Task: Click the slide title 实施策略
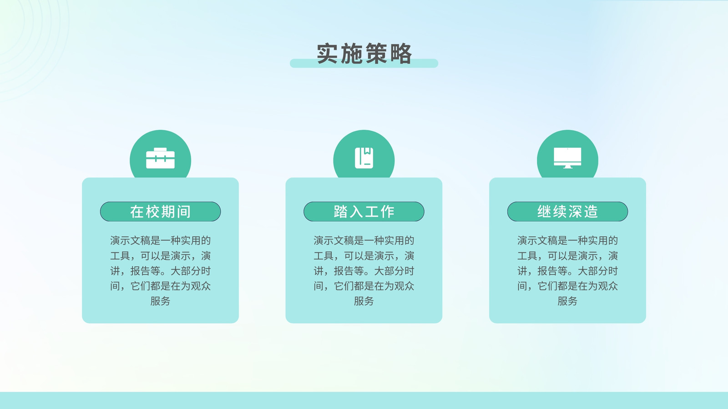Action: pyautogui.click(x=364, y=54)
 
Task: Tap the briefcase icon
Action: pyautogui.click(x=160, y=158)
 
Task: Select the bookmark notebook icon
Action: pyautogui.click(x=364, y=158)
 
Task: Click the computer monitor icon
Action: pyautogui.click(x=567, y=158)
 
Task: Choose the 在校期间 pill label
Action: pyautogui.click(x=160, y=212)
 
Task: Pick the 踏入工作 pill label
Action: pyautogui.click(x=364, y=212)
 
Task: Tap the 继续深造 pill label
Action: pyautogui.click(x=567, y=212)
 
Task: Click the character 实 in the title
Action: pyautogui.click(x=328, y=54)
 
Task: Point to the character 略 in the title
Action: pyautogui.click(x=401, y=54)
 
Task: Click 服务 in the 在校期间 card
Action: pyautogui.click(x=160, y=301)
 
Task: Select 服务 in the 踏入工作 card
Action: pyautogui.click(x=364, y=301)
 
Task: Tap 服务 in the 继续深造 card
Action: pyautogui.click(x=567, y=301)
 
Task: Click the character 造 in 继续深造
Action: pyautogui.click(x=591, y=212)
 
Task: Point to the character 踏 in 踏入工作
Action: pyautogui.click(x=340, y=212)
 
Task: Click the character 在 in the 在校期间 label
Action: pyautogui.click(x=137, y=212)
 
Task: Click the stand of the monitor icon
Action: pyautogui.click(x=567, y=167)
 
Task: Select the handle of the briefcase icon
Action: pyautogui.click(x=160, y=150)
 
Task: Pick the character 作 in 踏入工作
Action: pyautogui.click(x=387, y=212)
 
